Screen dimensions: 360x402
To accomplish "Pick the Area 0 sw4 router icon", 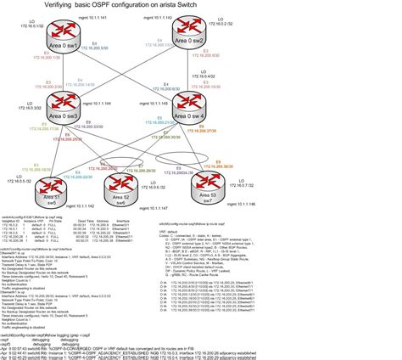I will tap(189, 103).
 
